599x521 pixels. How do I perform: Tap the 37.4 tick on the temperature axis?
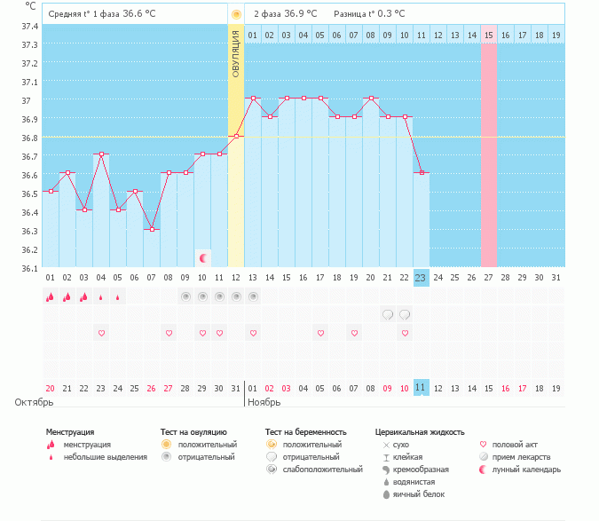tap(29, 27)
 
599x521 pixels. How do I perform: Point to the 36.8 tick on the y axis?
tap(29, 138)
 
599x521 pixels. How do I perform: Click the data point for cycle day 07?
tap(152, 230)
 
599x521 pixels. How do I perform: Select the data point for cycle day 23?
tap(422, 172)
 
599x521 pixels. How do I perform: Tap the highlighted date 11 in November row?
tap(422, 388)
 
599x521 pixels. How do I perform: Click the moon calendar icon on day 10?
tap(203, 258)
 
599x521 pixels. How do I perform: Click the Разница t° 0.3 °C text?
tap(369, 14)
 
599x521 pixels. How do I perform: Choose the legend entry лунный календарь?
tap(526, 470)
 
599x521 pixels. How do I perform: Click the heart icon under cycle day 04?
tap(101, 334)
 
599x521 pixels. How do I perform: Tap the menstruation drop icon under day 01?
tap(50, 297)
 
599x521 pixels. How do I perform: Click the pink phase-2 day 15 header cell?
tap(489, 35)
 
